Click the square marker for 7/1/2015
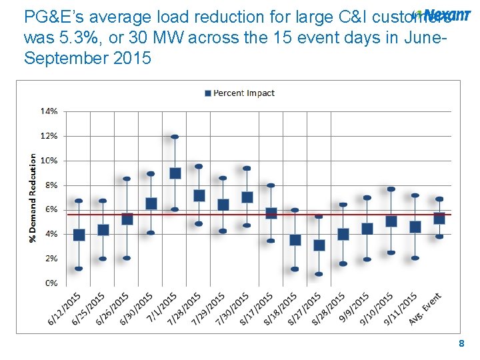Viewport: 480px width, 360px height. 175,173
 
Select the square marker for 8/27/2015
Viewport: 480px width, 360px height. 319,245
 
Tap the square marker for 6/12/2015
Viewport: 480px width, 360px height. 79,235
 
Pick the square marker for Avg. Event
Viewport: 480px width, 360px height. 439,218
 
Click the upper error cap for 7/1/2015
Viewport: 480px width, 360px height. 175,137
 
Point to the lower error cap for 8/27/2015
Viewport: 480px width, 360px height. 319,274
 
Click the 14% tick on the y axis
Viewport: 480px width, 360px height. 49,111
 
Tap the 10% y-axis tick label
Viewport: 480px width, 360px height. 49,161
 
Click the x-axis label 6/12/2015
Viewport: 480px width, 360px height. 66,307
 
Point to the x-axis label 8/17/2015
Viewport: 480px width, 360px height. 259,307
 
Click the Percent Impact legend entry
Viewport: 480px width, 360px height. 239,93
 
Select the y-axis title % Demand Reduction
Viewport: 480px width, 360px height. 33,197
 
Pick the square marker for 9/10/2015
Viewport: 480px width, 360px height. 391,221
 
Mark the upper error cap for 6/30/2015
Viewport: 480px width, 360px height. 151,174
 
